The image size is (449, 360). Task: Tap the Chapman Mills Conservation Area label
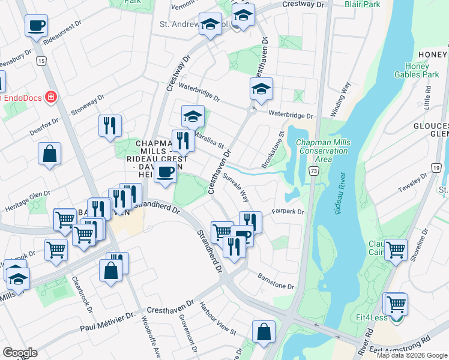click(x=322, y=151)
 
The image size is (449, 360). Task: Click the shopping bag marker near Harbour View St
click(x=264, y=332)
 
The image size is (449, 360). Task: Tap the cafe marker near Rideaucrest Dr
click(x=36, y=26)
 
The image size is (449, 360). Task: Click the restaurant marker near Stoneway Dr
click(x=110, y=125)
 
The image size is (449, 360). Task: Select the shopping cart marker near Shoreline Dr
click(x=395, y=249)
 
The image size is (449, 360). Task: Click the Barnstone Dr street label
click(x=276, y=282)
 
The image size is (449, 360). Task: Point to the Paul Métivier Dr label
click(x=105, y=325)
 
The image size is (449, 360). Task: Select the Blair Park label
click(x=363, y=4)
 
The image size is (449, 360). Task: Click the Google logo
click(x=20, y=353)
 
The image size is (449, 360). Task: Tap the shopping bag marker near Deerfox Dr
click(x=49, y=153)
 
